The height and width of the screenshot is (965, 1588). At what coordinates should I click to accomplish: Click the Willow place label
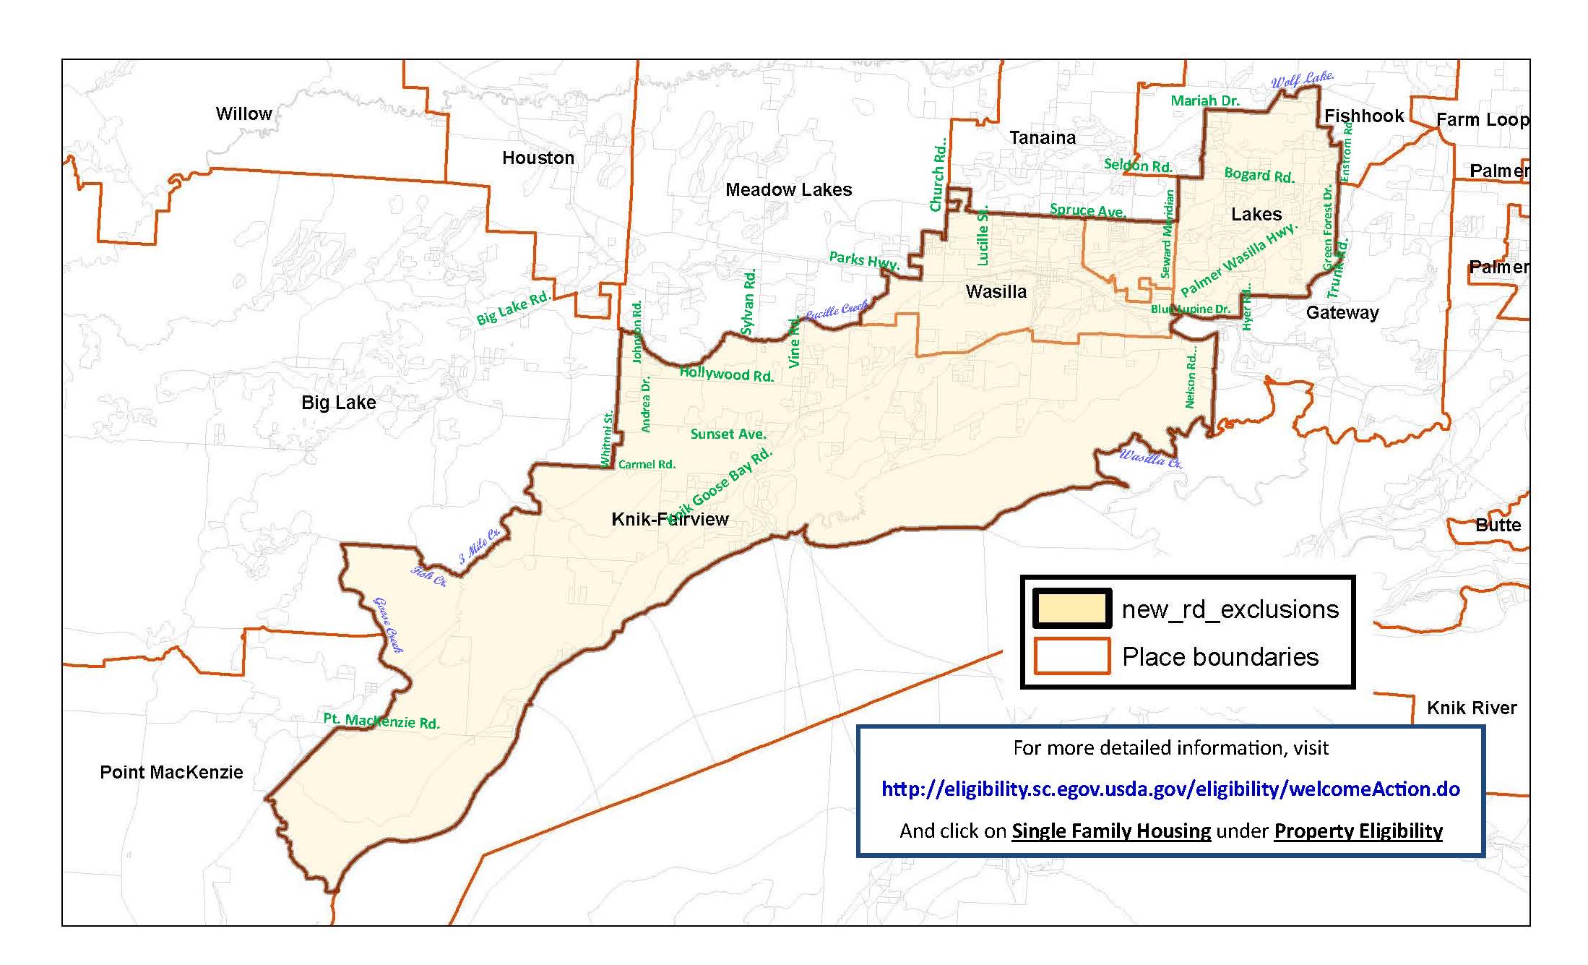(x=243, y=114)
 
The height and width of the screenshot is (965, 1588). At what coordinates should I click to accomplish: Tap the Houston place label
(x=538, y=158)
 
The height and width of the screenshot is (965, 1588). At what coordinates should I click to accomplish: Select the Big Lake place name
(x=338, y=403)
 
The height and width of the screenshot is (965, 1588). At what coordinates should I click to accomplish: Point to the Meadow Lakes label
(x=788, y=190)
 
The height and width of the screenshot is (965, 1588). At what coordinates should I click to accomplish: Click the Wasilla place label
(x=996, y=292)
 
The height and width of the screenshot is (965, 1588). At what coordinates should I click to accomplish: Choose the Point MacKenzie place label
(x=171, y=772)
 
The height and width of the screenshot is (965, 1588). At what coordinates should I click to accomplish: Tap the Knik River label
(x=1472, y=708)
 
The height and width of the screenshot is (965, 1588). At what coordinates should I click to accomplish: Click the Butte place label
(x=1498, y=526)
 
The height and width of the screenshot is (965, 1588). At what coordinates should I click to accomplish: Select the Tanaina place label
(x=1042, y=138)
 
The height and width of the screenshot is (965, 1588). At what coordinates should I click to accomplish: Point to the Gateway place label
(x=1342, y=313)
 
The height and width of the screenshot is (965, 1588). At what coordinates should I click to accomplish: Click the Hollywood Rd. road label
(x=726, y=374)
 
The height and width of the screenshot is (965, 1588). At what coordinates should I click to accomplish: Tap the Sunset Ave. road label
(x=728, y=434)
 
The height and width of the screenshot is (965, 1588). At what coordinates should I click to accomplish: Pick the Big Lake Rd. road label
(x=513, y=309)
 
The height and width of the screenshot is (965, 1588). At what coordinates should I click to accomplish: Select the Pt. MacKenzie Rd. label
(x=381, y=721)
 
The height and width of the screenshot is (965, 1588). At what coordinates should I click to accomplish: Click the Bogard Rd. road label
(x=1259, y=175)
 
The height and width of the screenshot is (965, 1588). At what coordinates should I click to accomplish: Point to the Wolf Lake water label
(x=1302, y=80)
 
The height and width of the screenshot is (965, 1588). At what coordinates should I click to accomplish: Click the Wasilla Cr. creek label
(x=1150, y=458)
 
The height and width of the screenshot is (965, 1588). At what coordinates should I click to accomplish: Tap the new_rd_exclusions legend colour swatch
(x=1072, y=609)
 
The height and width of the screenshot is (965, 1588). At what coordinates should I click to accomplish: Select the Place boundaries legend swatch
(x=1072, y=656)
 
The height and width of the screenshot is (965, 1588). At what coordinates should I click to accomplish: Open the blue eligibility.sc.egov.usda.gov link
(x=1170, y=789)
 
